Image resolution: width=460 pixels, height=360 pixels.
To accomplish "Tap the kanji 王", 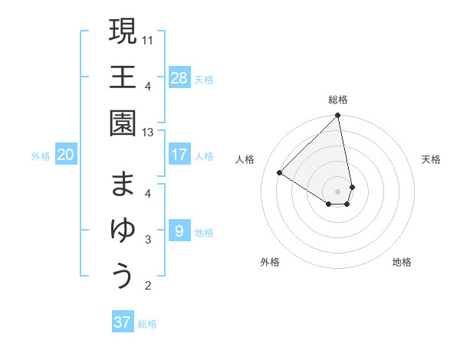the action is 123,77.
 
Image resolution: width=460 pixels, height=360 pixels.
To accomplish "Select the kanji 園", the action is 123,124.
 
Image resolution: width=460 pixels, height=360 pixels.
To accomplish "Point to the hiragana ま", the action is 123,184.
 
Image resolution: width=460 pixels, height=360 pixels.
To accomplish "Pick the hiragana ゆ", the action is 123,231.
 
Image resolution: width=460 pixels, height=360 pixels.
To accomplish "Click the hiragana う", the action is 123,277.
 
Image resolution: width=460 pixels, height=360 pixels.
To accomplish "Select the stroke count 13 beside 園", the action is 149,133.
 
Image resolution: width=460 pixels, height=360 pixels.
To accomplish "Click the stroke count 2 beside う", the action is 148,286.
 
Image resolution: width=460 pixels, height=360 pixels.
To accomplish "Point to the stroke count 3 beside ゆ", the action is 148,240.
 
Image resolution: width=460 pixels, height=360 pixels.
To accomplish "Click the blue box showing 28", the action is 179,78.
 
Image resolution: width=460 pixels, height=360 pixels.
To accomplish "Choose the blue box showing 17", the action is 179,155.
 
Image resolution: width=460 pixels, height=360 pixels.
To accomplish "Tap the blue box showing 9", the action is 179,231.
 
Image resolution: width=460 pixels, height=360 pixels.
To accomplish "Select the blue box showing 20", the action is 65,155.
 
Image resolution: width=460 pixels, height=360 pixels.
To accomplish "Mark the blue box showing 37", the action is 123,322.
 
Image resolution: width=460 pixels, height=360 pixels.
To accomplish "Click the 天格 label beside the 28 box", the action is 204,80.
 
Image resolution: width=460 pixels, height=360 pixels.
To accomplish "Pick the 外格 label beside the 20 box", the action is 41,156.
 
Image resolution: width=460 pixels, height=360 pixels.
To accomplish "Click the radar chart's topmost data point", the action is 337,116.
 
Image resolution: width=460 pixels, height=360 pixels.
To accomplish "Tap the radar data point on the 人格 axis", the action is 280,172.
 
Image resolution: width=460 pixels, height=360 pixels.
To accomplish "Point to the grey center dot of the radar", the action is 337,191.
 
